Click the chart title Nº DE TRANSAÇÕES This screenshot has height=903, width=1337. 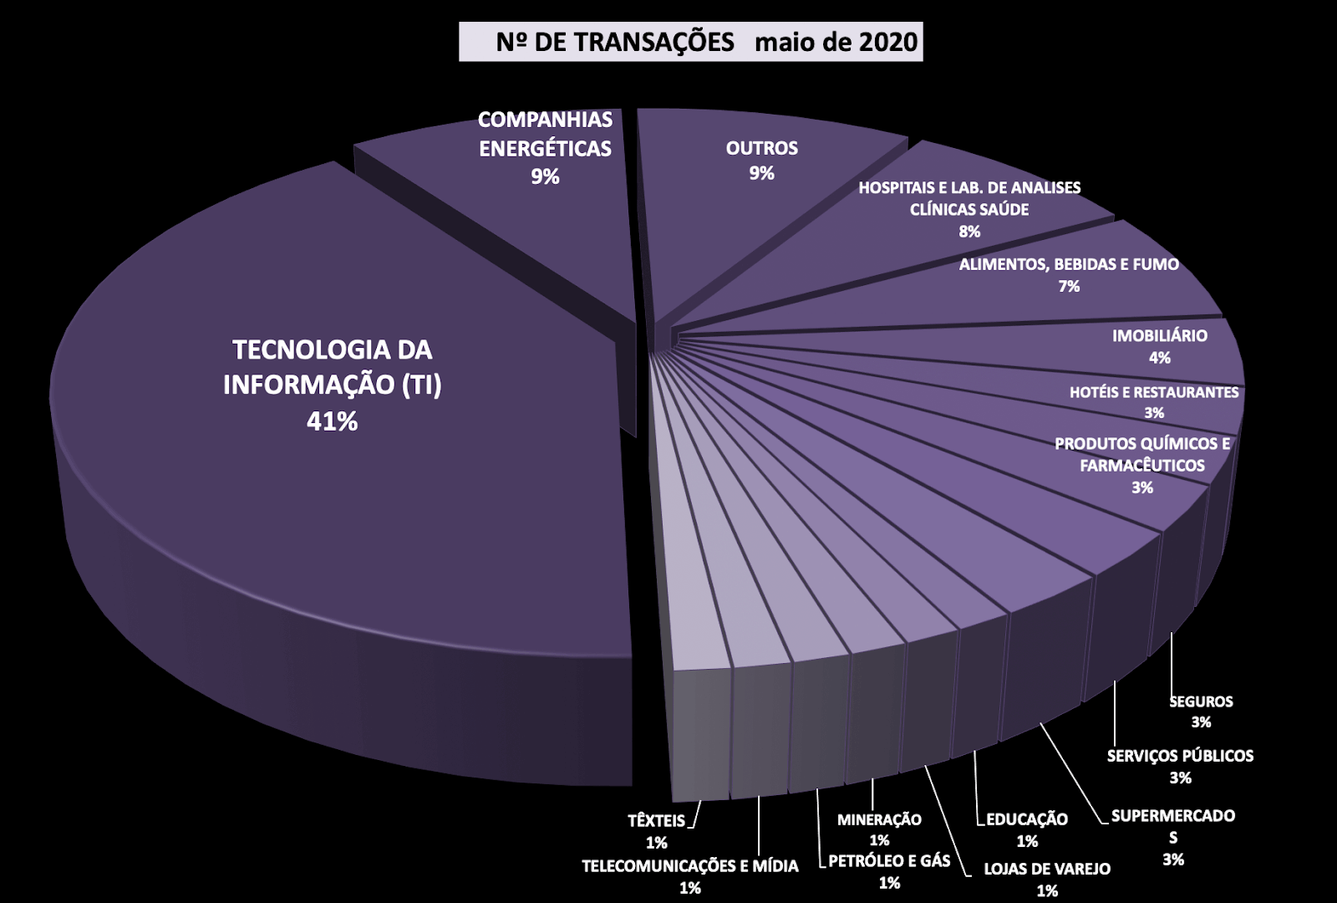point(615,42)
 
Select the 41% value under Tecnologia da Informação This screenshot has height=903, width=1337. point(332,421)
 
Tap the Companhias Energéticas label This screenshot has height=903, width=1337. point(545,134)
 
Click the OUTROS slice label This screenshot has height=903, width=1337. point(761,149)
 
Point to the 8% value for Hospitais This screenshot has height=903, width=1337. point(969,232)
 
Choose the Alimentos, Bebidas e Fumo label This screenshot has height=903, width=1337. point(1069,265)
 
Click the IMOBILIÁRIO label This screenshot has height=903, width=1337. point(1159,336)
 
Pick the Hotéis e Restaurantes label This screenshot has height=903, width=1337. point(1154,392)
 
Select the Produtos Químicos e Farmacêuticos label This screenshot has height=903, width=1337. point(1142,454)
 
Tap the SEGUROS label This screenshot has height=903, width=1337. point(1201,701)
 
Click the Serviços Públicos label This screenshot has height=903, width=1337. point(1180,756)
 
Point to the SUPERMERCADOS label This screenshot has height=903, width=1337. point(1173,826)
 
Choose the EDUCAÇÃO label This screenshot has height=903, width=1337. point(1027,819)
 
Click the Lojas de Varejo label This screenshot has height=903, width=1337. point(1047,869)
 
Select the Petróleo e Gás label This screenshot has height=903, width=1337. point(889,860)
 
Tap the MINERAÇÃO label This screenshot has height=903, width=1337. point(879,819)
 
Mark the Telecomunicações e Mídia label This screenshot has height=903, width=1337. point(690,866)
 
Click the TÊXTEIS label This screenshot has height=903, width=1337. point(656,821)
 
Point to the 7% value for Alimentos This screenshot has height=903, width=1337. point(1069,287)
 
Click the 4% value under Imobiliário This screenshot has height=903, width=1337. point(1159,358)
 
